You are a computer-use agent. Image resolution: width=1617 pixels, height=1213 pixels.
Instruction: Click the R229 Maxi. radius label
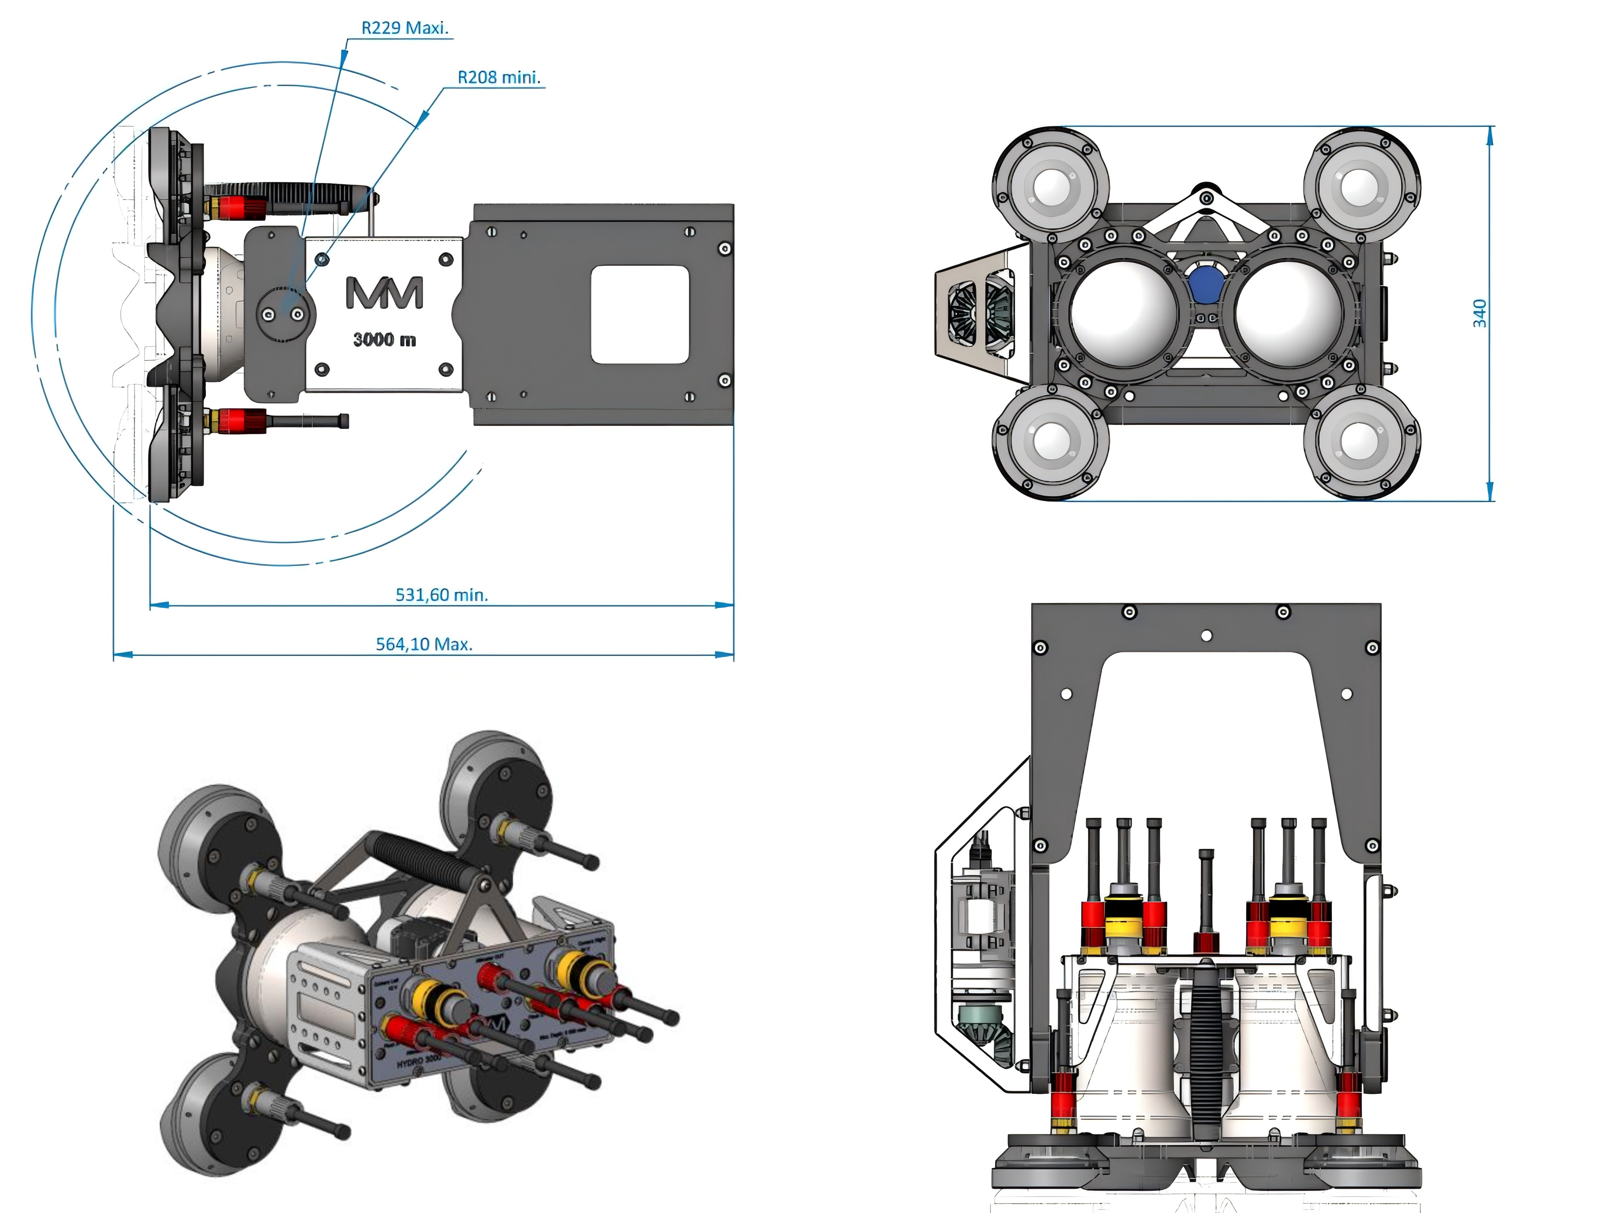[404, 28]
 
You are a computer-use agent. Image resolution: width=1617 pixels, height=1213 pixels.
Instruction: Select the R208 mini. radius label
[499, 78]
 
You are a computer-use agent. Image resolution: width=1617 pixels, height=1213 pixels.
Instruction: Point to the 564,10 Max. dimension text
[424, 644]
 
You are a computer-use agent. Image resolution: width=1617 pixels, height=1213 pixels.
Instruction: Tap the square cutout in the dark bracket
[640, 315]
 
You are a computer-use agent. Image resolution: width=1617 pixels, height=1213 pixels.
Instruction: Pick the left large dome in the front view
[1124, 313]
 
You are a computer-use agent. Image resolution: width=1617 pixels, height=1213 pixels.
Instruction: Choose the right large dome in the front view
[1288, 313]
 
